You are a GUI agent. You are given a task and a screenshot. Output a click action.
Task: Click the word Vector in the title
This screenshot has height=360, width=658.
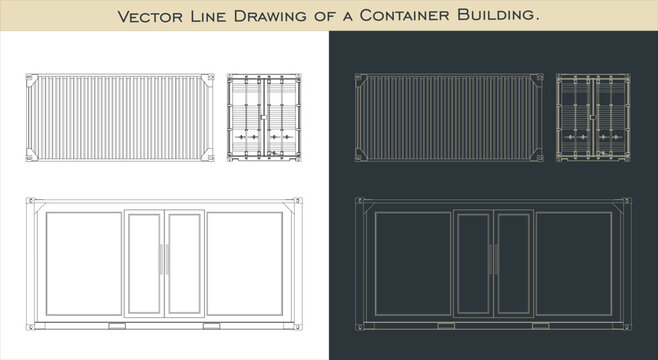(149, 16)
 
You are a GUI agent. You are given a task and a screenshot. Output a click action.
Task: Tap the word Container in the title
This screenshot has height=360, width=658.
(405, 16)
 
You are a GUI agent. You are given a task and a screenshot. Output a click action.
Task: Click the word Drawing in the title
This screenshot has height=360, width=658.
(270, 16)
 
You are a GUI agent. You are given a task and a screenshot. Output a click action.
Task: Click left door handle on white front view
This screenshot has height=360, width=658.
(161, 259)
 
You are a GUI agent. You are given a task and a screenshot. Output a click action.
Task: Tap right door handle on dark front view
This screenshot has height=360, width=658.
(497, 259)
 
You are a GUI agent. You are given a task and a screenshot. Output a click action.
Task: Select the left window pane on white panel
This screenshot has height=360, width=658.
(84, 263)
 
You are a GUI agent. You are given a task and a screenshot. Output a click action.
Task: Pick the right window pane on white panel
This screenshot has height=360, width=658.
(245, 263)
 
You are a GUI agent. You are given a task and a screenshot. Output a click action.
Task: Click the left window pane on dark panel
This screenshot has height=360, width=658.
(413, 263)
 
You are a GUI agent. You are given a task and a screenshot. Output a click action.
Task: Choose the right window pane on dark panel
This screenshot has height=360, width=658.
(574, 263)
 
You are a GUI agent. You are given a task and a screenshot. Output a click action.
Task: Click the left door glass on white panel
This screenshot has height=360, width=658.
(144, 263)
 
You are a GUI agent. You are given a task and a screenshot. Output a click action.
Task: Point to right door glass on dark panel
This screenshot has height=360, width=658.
(513, 263)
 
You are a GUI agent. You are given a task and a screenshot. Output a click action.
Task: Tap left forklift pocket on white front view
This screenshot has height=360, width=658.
(117, 326)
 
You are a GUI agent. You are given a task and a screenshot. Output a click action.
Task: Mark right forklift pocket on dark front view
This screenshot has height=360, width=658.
(540, 326)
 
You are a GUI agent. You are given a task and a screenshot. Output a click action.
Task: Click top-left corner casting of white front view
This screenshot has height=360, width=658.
(30, 201)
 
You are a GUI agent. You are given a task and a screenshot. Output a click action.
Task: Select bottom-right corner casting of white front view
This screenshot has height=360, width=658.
(298, 326)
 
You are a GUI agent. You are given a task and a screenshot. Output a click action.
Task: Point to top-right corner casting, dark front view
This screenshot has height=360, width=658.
(627, 201)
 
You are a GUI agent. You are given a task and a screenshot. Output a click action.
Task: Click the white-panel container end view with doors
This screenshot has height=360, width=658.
(264, 117)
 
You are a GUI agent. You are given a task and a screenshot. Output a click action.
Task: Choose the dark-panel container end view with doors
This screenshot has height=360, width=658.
(593, 117)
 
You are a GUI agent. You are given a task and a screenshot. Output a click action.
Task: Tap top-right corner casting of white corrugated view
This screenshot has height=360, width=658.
(210, 77)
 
